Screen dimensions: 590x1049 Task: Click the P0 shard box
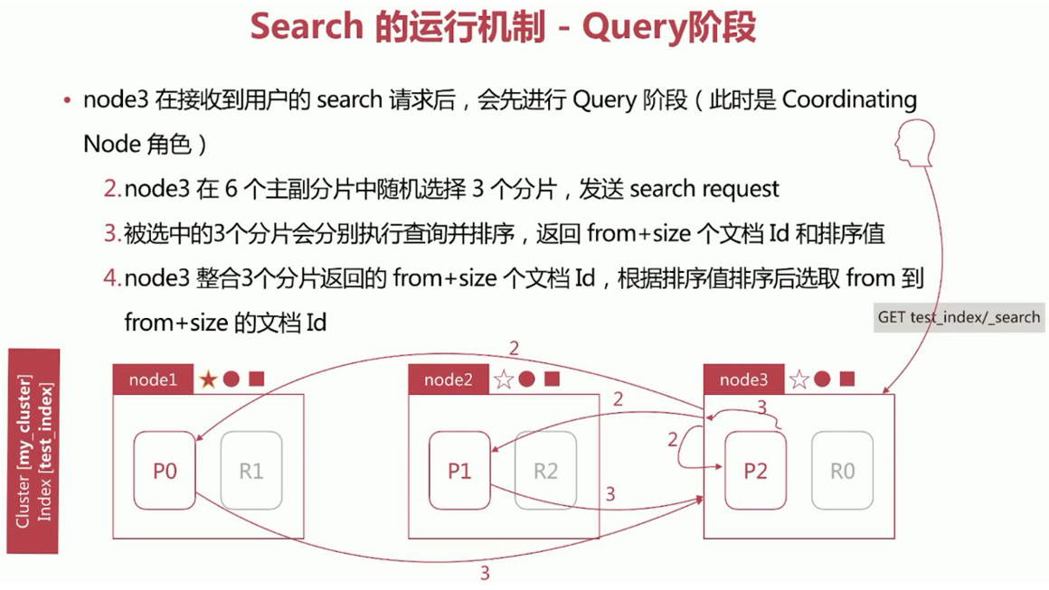coord(165,471)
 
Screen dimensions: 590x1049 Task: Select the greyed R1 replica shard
coord(250,471)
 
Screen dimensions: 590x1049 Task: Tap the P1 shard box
coord(459,471)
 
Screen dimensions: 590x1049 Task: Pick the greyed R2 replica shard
coord(545,471)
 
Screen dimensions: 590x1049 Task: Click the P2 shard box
coord(755,471)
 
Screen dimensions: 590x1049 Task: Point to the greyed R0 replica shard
coord(842,471)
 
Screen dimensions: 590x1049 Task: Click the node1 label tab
coord(153,380)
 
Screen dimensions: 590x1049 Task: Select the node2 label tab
coord(449,380)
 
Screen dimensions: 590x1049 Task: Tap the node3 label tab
coord(743,380)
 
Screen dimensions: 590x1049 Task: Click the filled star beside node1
coord(208,379)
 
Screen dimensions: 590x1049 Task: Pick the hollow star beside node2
coord(504,379)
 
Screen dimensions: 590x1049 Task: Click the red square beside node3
coord(847,379)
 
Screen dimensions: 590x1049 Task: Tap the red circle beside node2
coord(527,379)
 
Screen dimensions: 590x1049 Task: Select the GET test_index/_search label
coord(959,317)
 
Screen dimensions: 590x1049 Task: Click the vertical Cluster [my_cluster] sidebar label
coord(24,452)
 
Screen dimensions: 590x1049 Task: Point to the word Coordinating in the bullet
coord(849,99)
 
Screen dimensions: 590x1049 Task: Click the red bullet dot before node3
coord(68,100)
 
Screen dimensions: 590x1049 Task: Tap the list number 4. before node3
coord(112,278)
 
